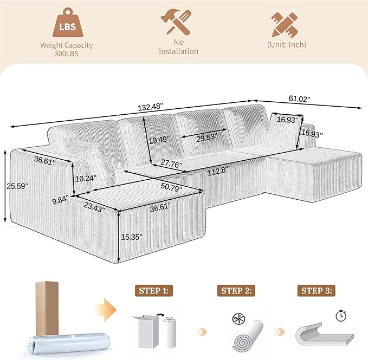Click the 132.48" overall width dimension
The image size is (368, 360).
coord(150,107)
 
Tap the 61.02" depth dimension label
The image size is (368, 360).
coord(300,99)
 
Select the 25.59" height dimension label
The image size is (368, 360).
coord(17,186)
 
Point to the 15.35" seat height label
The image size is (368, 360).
coord(131,237)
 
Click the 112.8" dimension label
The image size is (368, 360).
coord(218,171)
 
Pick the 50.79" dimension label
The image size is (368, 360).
coord(172,187)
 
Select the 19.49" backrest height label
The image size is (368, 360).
coord(159,140)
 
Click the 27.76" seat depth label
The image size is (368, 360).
coord(171,163)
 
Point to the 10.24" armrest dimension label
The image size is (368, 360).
coord(86,178)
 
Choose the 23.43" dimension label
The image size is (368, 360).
coord(94,207)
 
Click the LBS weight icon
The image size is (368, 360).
coord(68,23)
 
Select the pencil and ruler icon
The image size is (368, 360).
coord(285,24)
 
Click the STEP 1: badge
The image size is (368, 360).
coord(154,291)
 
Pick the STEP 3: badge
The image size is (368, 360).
coord(317,291)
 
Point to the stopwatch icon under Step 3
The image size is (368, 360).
coord(341,316)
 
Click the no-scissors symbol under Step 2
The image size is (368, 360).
coord(238,319)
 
